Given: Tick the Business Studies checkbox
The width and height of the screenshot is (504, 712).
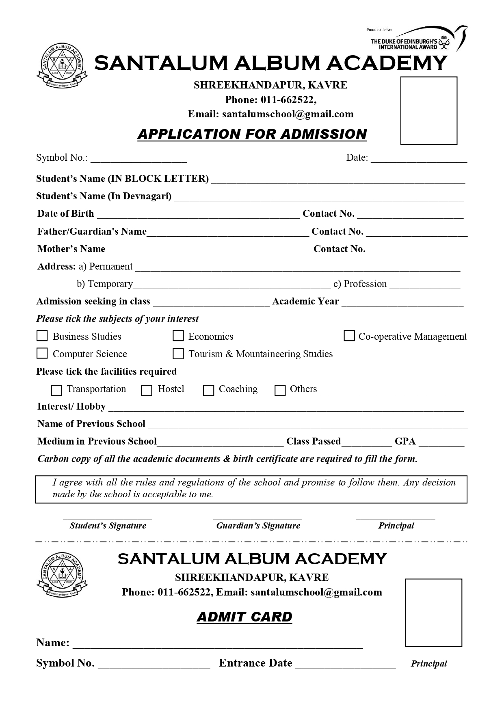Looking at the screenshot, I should click(42, 336).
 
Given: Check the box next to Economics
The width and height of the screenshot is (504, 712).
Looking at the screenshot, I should click(178, 336).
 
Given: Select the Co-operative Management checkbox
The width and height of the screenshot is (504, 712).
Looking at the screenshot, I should click(349, 336).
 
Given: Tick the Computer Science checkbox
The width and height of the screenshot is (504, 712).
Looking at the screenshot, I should click(42, 353).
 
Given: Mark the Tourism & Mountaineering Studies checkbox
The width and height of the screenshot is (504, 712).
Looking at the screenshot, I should click(178, 354).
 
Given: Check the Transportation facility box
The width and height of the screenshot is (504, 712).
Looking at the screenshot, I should click(56, 390).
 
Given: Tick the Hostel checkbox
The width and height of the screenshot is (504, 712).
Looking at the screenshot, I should click(147, 390).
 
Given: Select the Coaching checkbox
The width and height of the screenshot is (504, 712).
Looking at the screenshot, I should click(208, 390).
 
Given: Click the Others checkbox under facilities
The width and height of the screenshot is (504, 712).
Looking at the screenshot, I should click(280, 390).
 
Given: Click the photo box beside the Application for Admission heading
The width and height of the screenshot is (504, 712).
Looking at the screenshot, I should click(428, 110).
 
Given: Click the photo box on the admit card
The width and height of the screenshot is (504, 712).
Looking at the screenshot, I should click(433, 613).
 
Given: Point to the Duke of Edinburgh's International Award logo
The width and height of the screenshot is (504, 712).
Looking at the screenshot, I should click(418, 39).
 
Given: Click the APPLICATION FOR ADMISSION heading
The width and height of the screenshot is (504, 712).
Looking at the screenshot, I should click(252, 134).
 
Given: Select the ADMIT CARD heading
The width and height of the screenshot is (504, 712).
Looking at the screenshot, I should click(244, 617).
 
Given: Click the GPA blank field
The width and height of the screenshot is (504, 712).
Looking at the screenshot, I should click(441, 442).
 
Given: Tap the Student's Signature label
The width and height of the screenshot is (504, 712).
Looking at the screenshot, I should click(108, 526).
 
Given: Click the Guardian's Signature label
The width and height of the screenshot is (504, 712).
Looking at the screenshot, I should click(258, 526).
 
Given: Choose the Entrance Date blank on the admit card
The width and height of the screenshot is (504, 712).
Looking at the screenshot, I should click(345, 664).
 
